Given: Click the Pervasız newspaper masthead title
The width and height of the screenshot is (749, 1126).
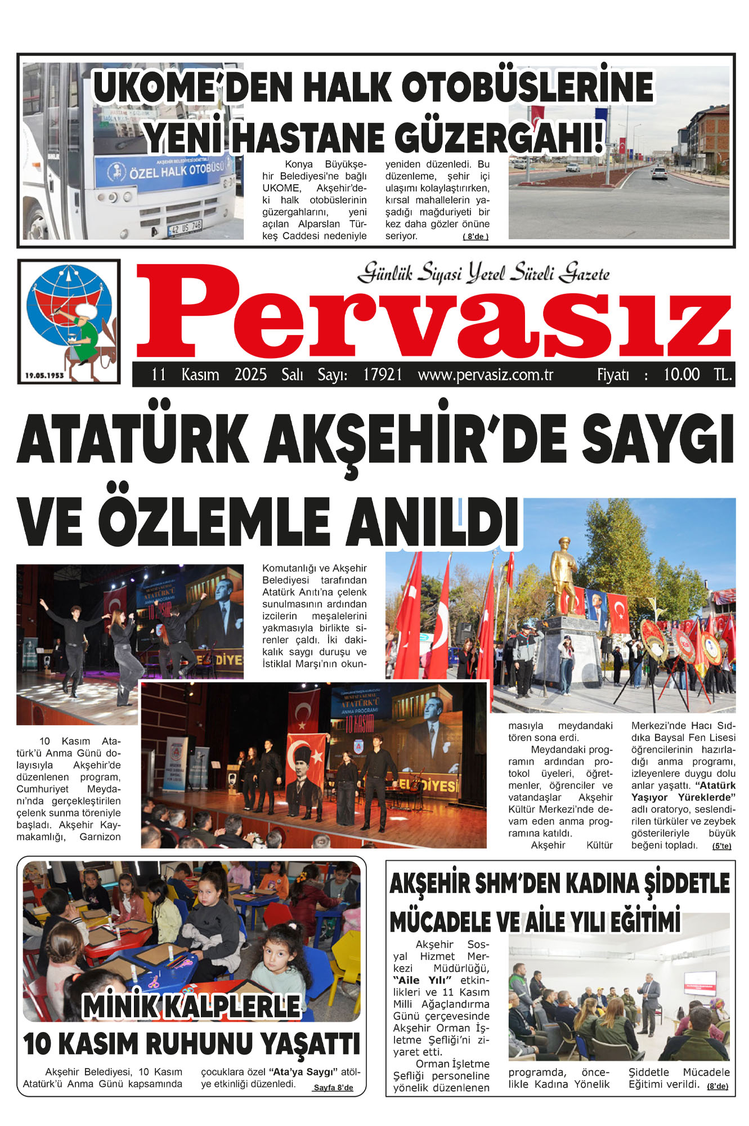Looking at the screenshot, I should [x=433, y=312].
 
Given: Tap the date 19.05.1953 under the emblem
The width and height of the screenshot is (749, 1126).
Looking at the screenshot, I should [x=44, y=375].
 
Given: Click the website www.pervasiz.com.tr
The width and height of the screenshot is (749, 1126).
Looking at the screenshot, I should [x=486, y=375].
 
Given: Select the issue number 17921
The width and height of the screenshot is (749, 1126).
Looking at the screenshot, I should [x=383, y=375].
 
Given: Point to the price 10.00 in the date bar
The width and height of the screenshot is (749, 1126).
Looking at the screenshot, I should [x=681, y=375].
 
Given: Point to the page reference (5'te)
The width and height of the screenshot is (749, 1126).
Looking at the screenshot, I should [x=721, y=846].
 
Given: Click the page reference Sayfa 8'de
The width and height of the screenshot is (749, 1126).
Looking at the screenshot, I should [x=333, y=1088].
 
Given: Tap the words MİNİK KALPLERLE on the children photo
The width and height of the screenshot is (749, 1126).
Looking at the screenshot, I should [x=192, y=1006].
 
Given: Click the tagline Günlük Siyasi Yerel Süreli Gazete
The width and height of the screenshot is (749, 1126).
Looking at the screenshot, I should [x=483, y=273].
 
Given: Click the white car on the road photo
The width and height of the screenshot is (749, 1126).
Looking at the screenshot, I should [x=659, y=173].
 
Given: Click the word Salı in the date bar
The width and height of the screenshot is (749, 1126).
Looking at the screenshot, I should [x=292, y=375].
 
